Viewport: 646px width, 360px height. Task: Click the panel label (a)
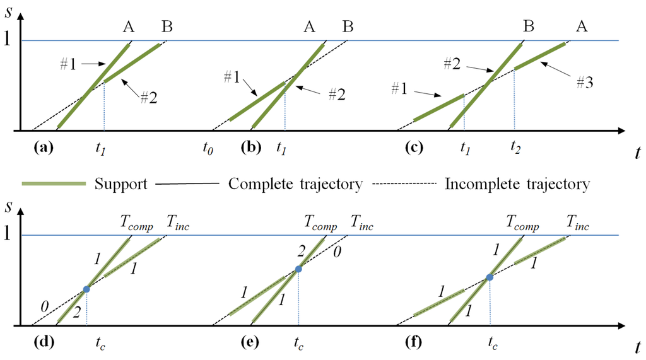pos(43,149)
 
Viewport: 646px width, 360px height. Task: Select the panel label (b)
pos(252,149)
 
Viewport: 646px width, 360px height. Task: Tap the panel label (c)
pos(418,149)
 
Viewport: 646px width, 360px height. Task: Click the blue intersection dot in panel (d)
pos(86,289)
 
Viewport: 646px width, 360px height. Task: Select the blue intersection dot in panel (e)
pos(298,269)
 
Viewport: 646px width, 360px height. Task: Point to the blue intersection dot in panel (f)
pos(489,277)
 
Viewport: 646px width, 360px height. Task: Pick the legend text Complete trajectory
pos(295,184)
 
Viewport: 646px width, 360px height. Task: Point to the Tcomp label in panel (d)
pos(136,222)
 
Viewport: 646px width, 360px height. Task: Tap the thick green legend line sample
pos(53,184)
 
